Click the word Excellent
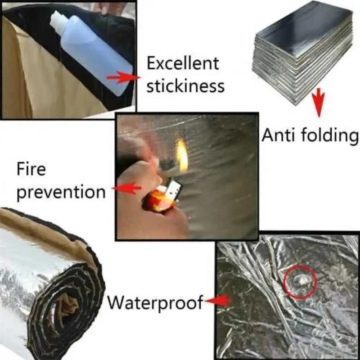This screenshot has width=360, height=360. [183, 63]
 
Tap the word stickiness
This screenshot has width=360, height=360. [185, 85]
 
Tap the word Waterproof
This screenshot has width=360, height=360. [155, 302]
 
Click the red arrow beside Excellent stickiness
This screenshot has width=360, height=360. [121, 77]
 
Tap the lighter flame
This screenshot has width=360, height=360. [182, 155]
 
